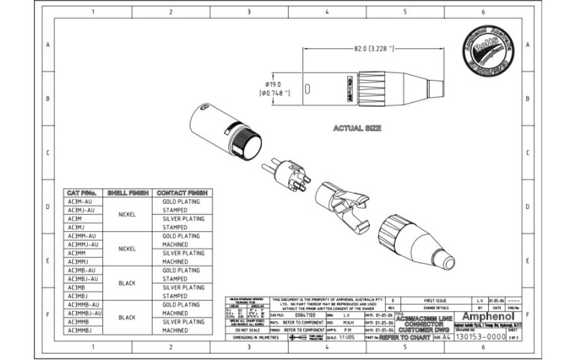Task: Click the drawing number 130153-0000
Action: point(483,337)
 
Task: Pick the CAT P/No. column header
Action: point(81,194)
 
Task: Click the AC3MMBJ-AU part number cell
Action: point(84,313)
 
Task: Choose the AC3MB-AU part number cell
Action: point(83,270)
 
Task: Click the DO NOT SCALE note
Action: point(246,330)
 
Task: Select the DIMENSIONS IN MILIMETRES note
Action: point(246,337)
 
